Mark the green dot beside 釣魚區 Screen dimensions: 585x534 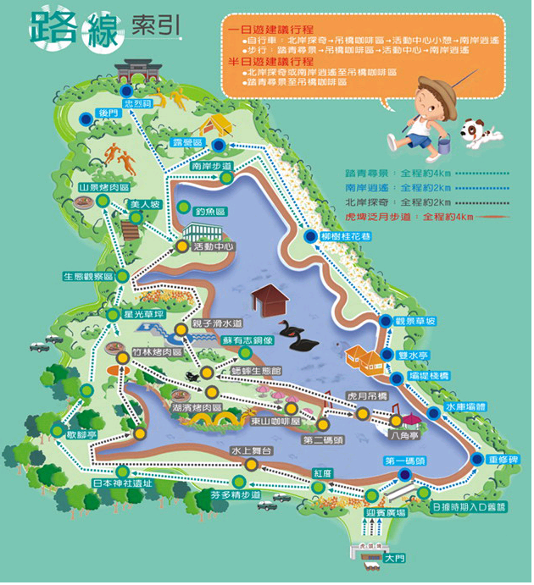click(186, 206)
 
